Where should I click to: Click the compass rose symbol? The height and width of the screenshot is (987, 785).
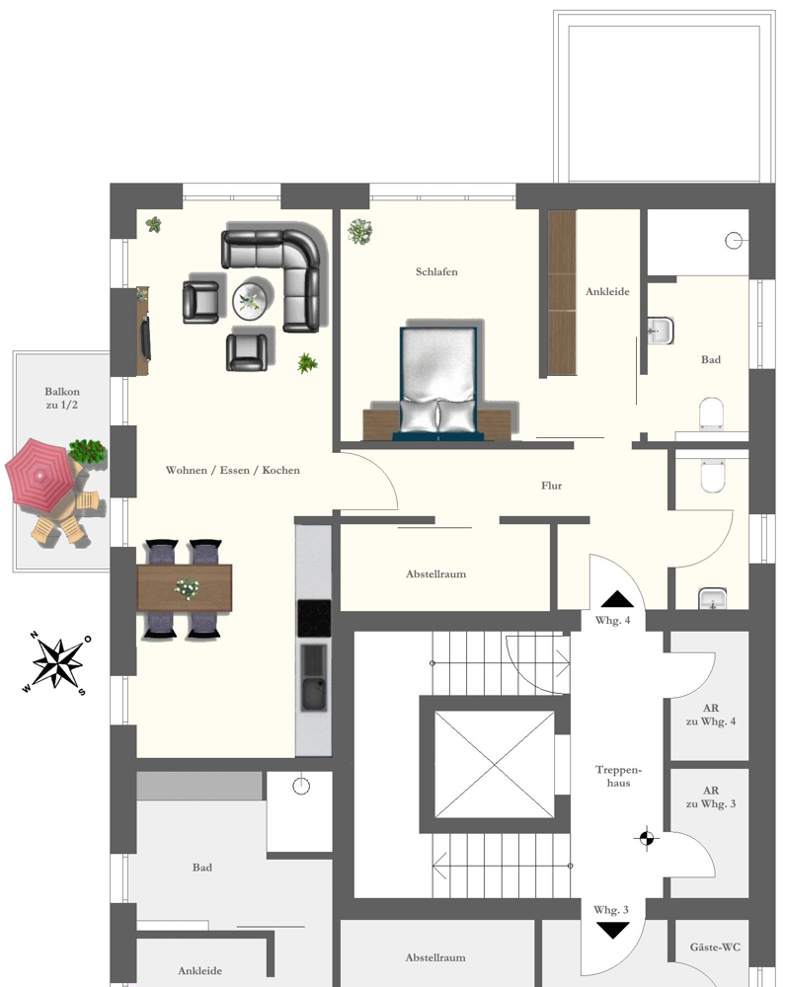point(57,662)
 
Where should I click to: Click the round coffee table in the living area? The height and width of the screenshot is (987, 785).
point(253,298)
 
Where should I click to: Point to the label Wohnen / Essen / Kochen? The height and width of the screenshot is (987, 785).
point(233,471)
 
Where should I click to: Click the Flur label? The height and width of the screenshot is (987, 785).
point(552,486)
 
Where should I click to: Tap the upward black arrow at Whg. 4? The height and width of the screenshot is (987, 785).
point(618,598)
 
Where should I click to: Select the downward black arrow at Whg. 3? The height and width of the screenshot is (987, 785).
point(612,929)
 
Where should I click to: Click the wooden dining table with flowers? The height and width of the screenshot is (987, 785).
point(185,587)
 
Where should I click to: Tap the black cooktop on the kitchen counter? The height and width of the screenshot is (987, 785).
point(314,619)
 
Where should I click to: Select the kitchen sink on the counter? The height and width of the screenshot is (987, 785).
point(314,681)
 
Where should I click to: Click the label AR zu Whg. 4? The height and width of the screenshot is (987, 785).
point(711,715)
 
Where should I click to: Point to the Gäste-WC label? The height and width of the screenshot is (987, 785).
point(716,948)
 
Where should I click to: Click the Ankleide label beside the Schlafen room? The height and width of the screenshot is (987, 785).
point(607,291)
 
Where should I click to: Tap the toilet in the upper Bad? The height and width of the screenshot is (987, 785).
point(711,415)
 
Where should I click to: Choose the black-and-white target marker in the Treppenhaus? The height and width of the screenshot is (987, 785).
point(646,839)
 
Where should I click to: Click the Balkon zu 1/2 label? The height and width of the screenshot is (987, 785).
point(61,399)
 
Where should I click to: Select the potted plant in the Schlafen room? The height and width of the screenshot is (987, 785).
point(360,232)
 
